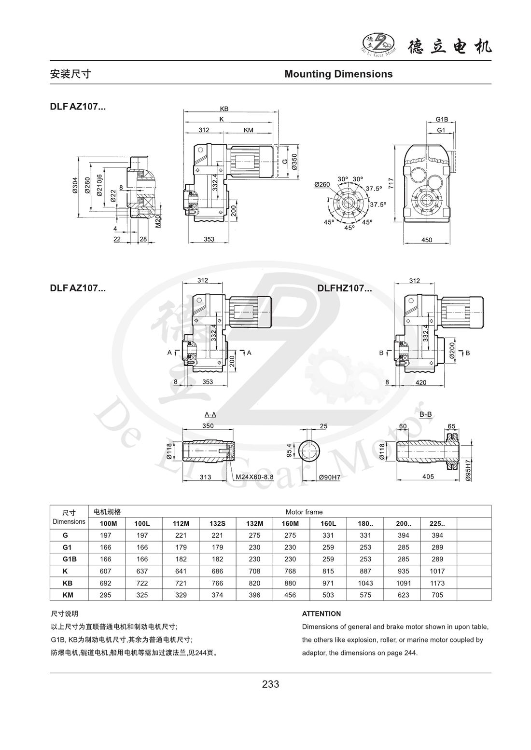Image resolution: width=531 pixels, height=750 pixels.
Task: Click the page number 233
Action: (270, 684)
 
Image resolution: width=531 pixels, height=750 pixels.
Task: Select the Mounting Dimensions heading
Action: (338, 74)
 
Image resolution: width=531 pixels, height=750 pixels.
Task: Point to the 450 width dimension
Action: (427, 240)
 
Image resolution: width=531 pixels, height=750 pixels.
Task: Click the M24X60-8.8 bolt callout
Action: (254, 477)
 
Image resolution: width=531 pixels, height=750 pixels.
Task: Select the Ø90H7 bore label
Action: (330, 477)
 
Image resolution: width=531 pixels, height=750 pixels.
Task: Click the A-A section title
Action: (210, 414)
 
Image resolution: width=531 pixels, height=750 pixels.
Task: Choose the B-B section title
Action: (425, 414)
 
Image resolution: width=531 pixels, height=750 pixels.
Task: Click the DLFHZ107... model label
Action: (344, 288)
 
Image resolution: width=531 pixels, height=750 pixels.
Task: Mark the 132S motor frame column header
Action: (217, 523)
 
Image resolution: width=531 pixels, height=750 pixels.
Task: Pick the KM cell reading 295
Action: (105, 595)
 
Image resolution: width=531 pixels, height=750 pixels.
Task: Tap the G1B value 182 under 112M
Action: (181, 559)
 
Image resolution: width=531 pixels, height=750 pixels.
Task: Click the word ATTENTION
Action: (321, 614)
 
